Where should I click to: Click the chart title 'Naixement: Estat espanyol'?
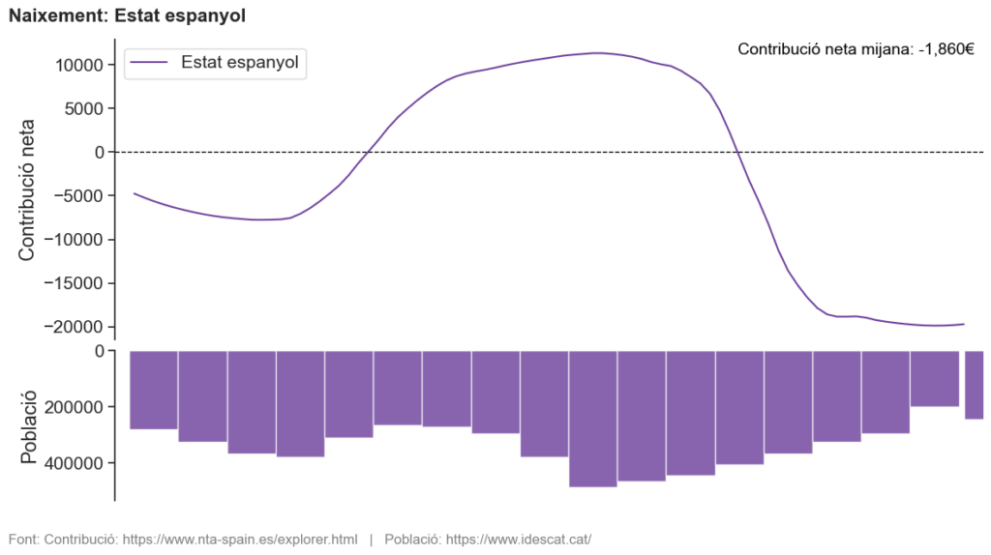coord(127,15)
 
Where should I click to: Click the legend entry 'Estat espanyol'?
coord(239,63)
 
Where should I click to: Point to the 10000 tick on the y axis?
coord(77,65)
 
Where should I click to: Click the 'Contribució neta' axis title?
coord(26,190)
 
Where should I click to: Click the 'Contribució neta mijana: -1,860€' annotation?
coord(856,48)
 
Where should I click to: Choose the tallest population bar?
coord(593,419)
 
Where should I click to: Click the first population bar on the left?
coord(154,390)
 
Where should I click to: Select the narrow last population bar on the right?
coord(974,385)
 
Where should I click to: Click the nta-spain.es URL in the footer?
coord(240,539)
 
